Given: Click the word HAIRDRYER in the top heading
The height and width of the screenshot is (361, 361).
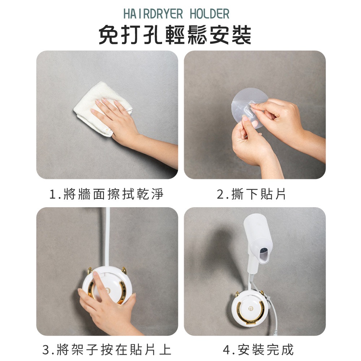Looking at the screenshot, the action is point(153,14).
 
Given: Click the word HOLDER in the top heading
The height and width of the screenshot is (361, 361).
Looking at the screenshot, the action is point(209,14).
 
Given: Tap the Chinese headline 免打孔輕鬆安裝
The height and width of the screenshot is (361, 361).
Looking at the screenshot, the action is point(175,35).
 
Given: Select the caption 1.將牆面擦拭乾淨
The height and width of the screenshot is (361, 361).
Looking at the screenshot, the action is point(106,194).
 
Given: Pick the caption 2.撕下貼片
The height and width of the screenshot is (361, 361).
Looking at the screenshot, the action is point(251,194).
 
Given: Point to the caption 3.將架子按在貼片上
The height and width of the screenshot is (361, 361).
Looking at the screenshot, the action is point(107,349).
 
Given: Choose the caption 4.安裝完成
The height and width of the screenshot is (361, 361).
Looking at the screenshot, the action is point(258,349).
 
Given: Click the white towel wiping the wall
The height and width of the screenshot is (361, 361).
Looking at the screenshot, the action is point(101,108).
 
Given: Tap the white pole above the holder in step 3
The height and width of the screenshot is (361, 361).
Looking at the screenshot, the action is point(107,237).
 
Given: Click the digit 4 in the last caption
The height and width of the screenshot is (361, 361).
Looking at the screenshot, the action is point(227,350).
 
